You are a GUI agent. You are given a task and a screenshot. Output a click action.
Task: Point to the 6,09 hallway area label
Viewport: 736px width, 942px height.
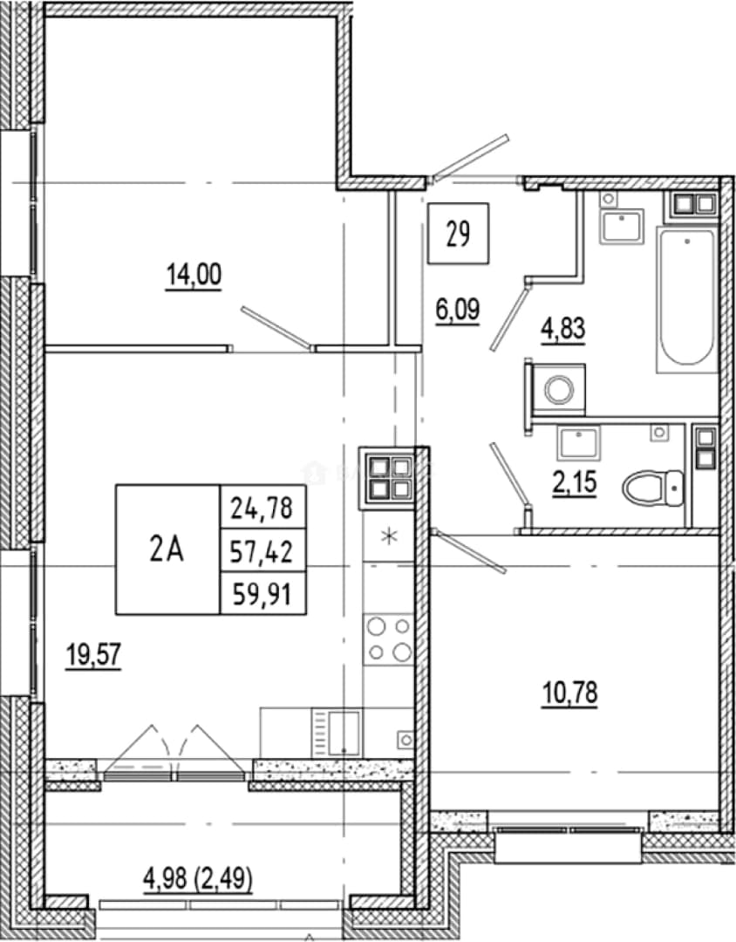point(458,311)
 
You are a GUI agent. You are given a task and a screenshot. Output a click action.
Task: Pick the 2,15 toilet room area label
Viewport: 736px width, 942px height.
point(575,481)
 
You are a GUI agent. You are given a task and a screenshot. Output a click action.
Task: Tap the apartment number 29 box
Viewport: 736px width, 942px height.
point(458,234)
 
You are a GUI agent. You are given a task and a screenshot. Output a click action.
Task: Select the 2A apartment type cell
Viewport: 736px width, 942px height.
point(167,549)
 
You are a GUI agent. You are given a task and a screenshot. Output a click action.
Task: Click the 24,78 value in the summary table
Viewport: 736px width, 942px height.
point(262,509)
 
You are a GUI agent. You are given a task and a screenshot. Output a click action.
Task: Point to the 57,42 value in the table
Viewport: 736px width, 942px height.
point(262,551)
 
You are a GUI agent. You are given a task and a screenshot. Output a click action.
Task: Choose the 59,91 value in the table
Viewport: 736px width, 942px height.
point(262,595)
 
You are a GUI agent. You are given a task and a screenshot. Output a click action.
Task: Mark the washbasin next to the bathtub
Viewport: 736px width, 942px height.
point(622,227)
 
